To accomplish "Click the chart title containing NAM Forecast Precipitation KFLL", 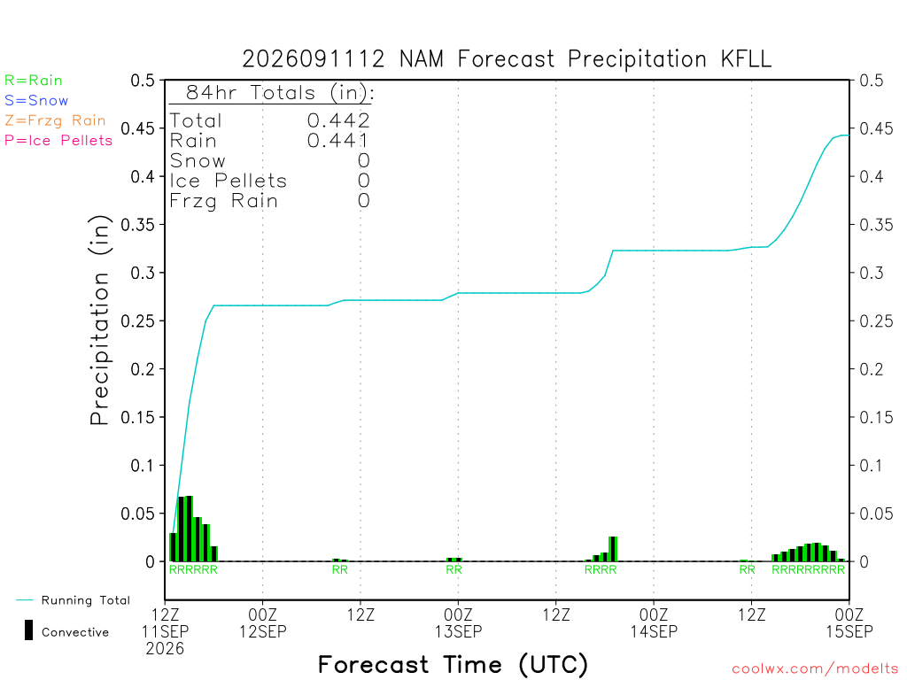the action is [507, 59].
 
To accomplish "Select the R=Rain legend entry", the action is [34, 81].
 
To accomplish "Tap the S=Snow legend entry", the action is [36, 101].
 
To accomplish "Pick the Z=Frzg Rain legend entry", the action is [55, 120].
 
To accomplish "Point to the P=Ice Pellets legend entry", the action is [58, 141].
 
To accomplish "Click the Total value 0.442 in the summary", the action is [338, 120].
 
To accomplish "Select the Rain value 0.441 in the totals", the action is [338, 141].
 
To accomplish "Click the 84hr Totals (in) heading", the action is [280, 92].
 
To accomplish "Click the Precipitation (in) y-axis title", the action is [99, 320].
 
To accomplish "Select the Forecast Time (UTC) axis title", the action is [453, 664].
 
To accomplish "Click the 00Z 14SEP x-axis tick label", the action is [654, 622].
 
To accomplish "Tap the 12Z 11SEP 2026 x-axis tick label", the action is [165, 631].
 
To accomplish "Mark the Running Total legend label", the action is [86, 600].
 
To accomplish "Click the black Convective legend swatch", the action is [28, 630].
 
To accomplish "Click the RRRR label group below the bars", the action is [601, 569].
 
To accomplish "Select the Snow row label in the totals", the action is [198, 161].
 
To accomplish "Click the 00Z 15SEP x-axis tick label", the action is [849, 622].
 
